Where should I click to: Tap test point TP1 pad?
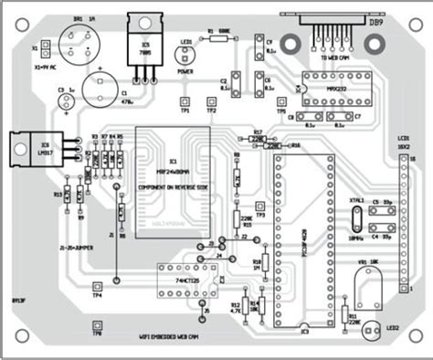[184, 101]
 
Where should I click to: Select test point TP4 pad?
[98, 283]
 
